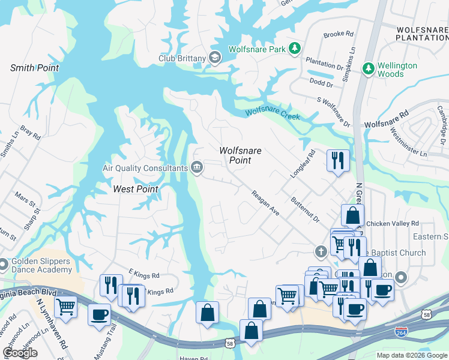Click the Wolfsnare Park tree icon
pos(294,48)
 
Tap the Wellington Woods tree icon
pos(368,69)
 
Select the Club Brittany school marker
pos(215,58)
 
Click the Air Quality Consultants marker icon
pos(196,168)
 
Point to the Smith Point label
pos(35,68)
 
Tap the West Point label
pos(136,189)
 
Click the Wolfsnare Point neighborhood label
pos(240,155)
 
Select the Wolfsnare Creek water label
pos(272,112)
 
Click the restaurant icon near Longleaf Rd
pos(337,160)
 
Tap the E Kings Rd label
pos(143,275)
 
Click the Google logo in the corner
pos(20,353)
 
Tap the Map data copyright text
pos(411,355)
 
